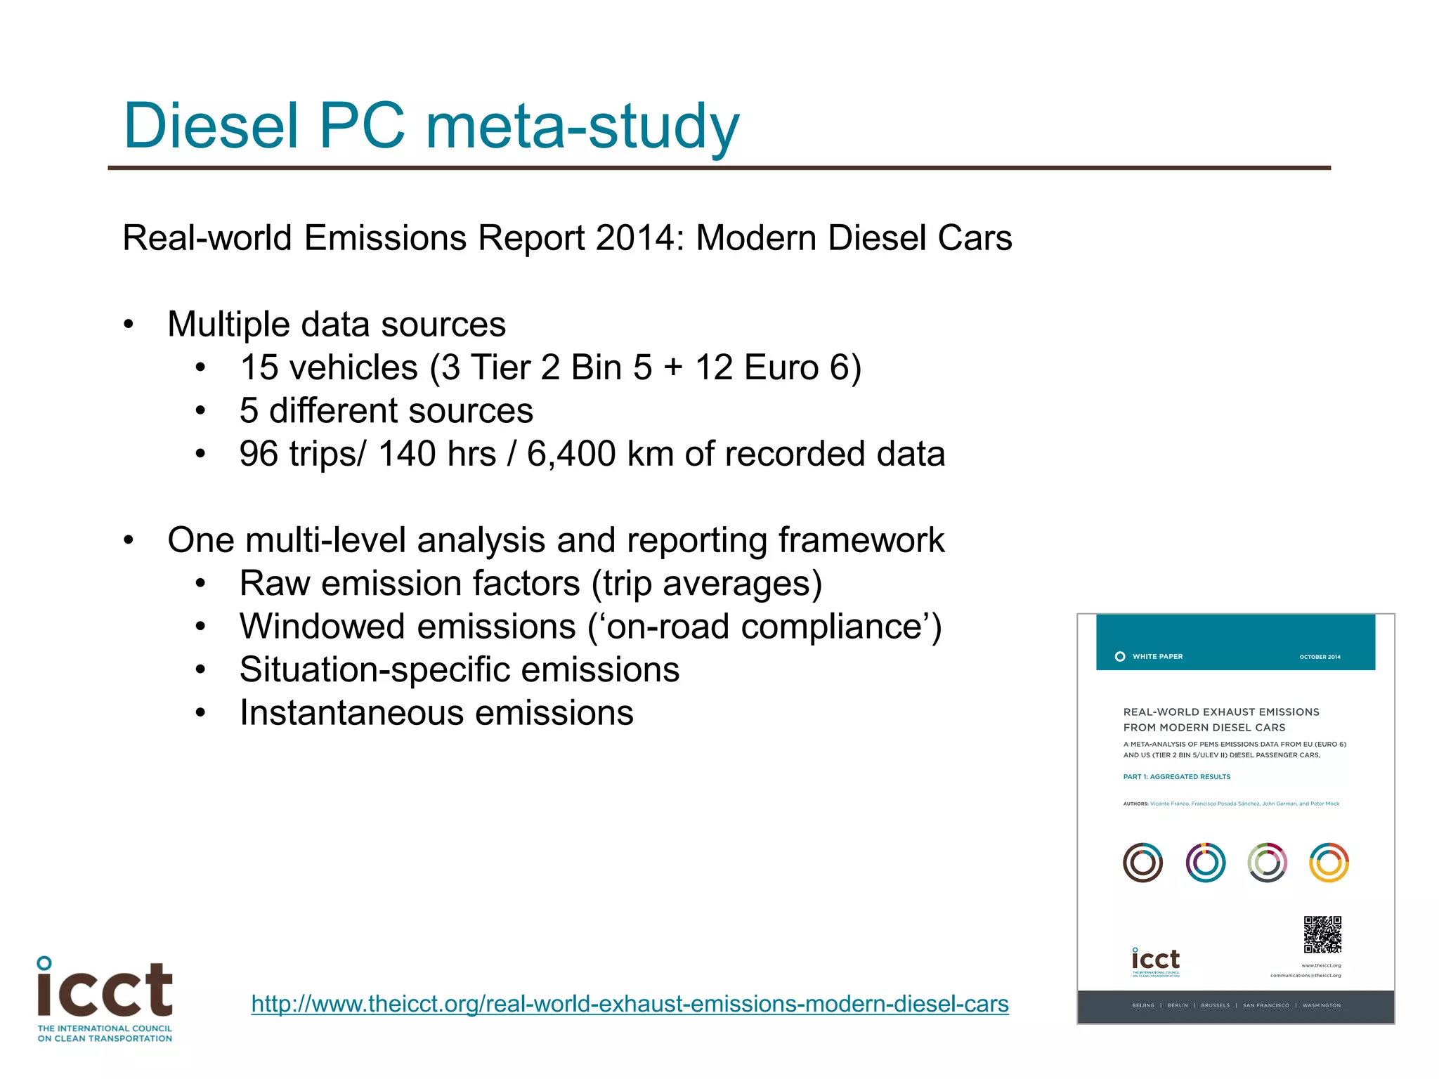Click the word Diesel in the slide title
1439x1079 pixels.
[x=211, y=126]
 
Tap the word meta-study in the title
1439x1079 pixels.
[x=582, y=126]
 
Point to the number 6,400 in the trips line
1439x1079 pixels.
[x=571, y=454]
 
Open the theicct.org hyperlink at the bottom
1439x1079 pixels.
[x=630, y=1004]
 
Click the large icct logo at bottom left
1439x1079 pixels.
[x=105, y=998]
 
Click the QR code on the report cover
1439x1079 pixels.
[x=1322, y=934]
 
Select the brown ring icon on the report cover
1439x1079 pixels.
[x=1142, y=863]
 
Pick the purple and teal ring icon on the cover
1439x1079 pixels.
[x=1205, y=863]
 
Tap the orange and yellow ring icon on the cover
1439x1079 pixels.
[x=1329, y=863]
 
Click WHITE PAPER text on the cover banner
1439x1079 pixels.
[x=1157, y=657]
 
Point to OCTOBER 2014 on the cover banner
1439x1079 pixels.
[x=1320, y=658]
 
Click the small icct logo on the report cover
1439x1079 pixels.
[x=1156, y=962]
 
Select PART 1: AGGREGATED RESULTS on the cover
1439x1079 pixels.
[x=1176, y=777]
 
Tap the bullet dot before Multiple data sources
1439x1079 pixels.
[x=128, y=325]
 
